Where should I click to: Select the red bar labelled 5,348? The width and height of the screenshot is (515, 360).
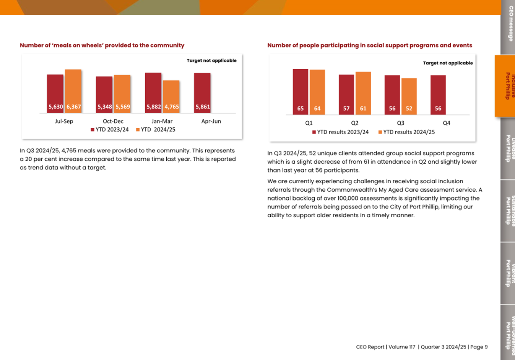coord(104,94)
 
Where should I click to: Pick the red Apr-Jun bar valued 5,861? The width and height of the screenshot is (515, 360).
coord(202,93)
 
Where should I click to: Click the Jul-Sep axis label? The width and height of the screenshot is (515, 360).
coord(64,121)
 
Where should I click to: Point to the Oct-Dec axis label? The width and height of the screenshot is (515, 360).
coord(113,121)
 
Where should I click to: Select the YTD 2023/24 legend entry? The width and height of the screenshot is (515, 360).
coord(110,130)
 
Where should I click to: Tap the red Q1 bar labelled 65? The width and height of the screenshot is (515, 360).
coord(300,92)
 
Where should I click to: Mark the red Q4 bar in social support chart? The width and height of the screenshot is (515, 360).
coord(438,95)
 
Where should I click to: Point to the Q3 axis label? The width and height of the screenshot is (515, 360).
coord(400,123)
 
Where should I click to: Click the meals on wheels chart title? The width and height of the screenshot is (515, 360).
coord(102,45)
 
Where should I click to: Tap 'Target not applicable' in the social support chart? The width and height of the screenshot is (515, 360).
coord(448,63)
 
